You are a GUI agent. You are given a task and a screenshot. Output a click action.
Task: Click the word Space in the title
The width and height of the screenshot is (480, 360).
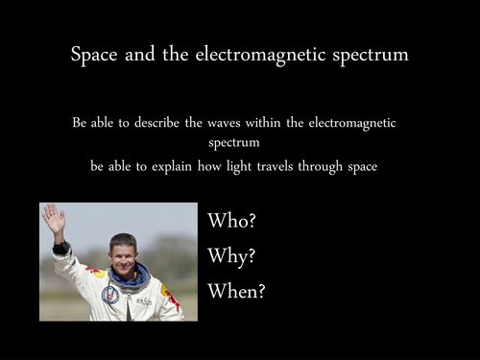pyautogui.click(x=94, y=55)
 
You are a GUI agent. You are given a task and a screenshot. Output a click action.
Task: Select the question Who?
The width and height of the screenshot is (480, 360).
pyautogui.click(x=231, y=221)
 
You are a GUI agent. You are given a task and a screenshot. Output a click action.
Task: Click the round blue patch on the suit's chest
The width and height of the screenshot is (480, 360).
pyautogui.click(x=110, y=295)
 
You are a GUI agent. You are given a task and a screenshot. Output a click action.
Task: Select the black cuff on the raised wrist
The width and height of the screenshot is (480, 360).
pyautogui.click(x=61, y=248)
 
